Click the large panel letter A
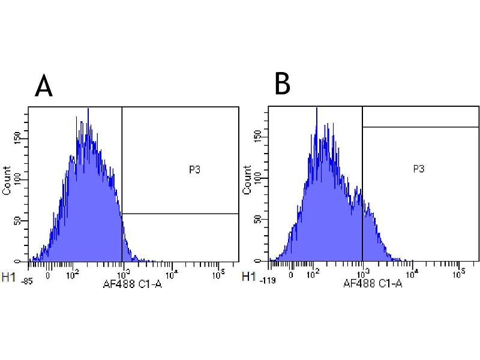(x=44, y=86)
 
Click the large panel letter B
(x=282, y=85)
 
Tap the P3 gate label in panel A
(x=194, y=170)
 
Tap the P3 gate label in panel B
(x=419, y=169)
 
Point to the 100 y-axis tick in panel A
(x=23, y=179)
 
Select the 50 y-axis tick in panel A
(x=23, y=221)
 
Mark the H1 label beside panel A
(x=9, y=277)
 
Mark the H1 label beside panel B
(x=247, y=277)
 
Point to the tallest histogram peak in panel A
(x=88, y=110)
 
